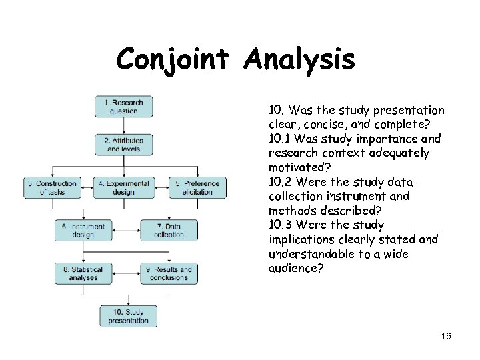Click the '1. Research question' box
[123, 107]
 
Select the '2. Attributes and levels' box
[123, 145]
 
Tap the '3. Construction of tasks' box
[52, 187]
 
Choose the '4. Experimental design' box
[123, 187]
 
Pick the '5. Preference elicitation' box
[197, 187]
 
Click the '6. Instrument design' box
[83, 230]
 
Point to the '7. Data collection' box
[169, 230]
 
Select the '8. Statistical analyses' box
[83, 273]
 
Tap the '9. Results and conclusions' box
[169, 273]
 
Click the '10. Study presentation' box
[128, 315]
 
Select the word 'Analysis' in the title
[299, 60]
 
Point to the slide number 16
[446, 337]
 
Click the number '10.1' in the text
[281, 139]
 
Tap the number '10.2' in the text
[282, 182]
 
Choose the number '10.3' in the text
[282, 225]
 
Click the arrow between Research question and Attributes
[123, 125]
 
